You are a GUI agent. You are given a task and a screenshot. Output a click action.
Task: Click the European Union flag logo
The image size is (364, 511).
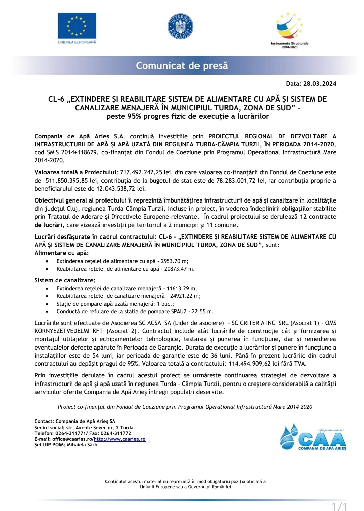point(77,26)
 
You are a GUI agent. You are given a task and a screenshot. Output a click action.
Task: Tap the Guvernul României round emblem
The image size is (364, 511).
point(180,27)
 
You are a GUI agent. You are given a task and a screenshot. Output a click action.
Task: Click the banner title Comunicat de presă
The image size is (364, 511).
point(182,65)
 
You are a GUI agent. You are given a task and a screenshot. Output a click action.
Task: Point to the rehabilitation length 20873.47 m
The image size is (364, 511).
point(179,269)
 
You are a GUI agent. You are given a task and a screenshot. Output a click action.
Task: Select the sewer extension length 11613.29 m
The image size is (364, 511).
point(182,288)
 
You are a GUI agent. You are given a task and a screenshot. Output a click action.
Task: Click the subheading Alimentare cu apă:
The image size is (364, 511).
point(62,253)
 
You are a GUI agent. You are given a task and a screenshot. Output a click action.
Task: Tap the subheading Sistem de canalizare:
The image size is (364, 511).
point(65,280)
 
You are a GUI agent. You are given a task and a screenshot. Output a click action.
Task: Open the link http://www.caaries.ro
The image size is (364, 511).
point(120,439)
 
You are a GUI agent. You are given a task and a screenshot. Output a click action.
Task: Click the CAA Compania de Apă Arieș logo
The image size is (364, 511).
point(313,437)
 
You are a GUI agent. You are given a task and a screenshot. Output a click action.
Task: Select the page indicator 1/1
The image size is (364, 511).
point(339,506)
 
